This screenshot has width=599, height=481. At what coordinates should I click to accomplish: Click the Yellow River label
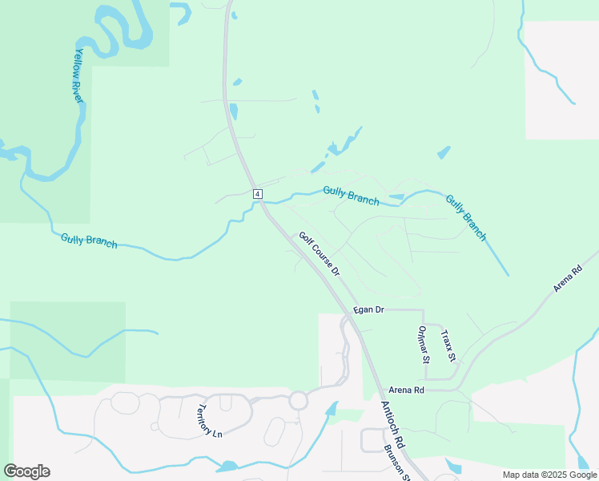pos(80,74)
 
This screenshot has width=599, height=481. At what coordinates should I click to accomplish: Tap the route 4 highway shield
pos(257,193)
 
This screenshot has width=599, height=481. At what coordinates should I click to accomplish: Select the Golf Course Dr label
pos(320,254)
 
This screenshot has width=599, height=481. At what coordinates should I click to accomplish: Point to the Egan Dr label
pos(369,309)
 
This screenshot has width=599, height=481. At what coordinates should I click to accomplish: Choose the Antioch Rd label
pos(393,425)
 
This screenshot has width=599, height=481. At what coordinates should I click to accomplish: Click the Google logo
pos(26,471)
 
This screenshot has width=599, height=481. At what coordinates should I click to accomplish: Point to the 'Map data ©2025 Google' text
pos(549,475)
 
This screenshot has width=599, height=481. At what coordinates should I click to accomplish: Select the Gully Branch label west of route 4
pos(89,240)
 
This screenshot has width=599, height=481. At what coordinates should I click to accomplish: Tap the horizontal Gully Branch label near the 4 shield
pos(351,195)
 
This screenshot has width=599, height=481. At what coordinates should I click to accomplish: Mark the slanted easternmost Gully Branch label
pos(465,217)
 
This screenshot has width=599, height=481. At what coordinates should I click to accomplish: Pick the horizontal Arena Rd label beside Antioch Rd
pos(407,390)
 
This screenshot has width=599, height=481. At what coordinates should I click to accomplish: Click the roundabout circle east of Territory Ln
pos(299,399)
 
